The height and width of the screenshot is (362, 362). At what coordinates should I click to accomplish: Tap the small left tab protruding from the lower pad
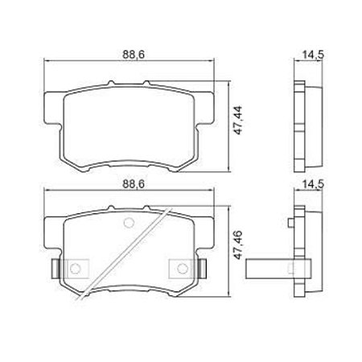point(54,266)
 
